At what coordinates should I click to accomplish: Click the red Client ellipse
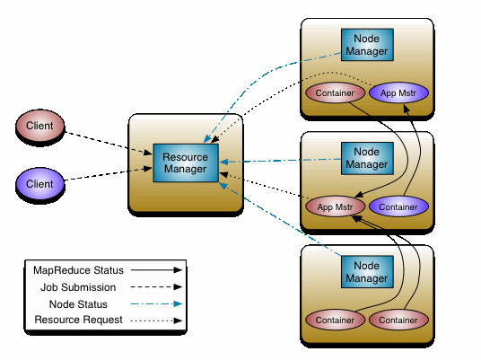pyautogui.click(x=39, y=126)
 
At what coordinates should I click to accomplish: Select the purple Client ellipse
pyautogui.click(x=39, y=184)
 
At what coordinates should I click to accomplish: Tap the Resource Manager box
pyautogui.click(x=186, y=163)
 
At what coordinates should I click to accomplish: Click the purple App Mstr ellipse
pyautogui.click(x=398, y=92)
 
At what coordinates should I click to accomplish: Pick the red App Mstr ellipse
pyautogui.click(x=336, y=206)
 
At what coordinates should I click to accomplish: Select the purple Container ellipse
pyautogui.click(x=398, y=206)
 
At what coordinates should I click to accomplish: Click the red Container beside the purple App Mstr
pyautogui.click(x=336, y=92)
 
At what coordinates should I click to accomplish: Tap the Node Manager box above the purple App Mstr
pyautogui.click(x=367, y=45)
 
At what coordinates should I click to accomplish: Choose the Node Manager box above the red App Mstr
pyautogui.click(x=367, y=158)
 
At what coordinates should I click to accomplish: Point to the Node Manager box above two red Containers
pyautogui.click(x=367, y=272)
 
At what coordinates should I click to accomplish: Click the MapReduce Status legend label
pyautogui.click(x=79, y=270)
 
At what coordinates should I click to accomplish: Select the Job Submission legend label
pyautogui.click(x=78, y=287)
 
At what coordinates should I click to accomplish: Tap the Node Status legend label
pyautogui.click(x=78, y=304)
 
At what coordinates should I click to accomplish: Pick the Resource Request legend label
pyautogui.click(x=79, y=320)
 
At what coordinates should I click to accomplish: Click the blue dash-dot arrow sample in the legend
pyautogui.click(x=156, y=303)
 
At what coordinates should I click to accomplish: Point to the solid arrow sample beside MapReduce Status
pyautogui.click(x=156, y=270)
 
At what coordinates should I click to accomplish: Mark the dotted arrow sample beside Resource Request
pyautogui.click(x=156, y=320)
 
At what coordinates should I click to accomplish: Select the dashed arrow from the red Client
pyautogui.click(x=109, y=143)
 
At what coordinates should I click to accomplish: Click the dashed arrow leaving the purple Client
pyautogui.click(x=109, y=173)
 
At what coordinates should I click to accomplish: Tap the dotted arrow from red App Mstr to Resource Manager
pyautogui.click(x=264, y=185)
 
